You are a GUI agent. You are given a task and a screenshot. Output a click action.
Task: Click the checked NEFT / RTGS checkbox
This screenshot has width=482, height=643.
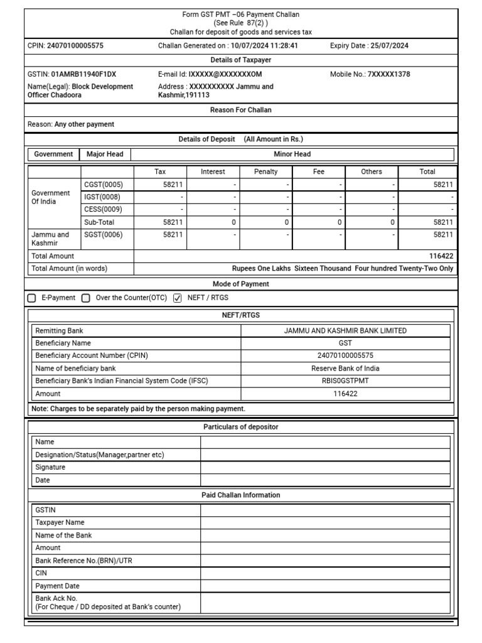(177, 298)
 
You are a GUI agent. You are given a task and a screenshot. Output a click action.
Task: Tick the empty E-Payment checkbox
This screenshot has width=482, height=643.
(32, 298)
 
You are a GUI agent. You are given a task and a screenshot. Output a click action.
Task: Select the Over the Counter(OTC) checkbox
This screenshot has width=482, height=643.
(86, 298)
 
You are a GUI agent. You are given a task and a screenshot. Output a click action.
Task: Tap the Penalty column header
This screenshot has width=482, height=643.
(265, 171)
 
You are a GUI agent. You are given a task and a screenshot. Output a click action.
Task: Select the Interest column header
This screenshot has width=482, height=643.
(213, 171)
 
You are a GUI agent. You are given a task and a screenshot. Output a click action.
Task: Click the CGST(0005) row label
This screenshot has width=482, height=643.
(104, 185)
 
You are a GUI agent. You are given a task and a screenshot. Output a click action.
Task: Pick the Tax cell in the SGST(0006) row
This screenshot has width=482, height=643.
(160, 235)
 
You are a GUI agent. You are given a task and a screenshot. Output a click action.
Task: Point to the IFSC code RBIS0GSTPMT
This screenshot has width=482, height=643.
(345, 381)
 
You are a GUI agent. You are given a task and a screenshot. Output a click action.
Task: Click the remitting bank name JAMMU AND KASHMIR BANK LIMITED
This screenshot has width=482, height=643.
(345, 330)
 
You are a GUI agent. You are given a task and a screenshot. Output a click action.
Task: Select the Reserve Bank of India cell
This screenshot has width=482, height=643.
(345, 368)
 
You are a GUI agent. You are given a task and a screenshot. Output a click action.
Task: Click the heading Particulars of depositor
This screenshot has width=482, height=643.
(241, 427)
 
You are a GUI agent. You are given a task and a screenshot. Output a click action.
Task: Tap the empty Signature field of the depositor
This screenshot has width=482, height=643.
(324, 467)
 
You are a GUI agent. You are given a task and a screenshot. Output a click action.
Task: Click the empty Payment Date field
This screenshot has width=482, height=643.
(324, 586)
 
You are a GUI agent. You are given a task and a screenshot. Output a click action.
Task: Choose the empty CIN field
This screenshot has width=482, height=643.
(324, 573)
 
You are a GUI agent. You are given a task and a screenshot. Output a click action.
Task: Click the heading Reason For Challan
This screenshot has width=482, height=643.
(241, 110)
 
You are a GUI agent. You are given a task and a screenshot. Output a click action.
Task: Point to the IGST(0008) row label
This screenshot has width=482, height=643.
(104, 197)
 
